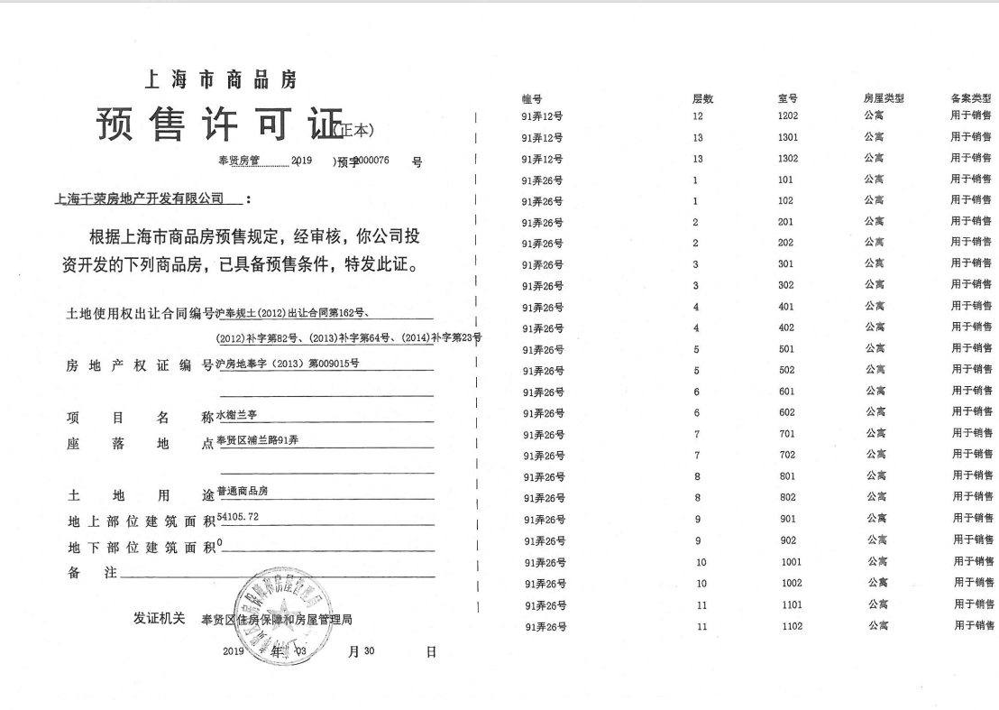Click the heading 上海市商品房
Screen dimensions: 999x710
click(x=221, y=79)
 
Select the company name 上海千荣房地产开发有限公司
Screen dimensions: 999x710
click(x=140, y=198)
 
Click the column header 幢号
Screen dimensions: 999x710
click(x=532, y=98)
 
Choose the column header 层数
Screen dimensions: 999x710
click(x=702, y=98)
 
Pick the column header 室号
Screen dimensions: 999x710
click(x=787, y=98)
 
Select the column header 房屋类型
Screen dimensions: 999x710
click(x=883, y=98)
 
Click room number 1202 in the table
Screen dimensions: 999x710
click(x=787, y=116)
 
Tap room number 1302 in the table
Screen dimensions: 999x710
click(x=787, y=159)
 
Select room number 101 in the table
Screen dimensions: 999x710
click(x=785, y=180)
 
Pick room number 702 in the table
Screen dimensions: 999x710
click(x=787, y=455)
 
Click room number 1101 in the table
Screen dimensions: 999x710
click(x=791, y=604)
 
